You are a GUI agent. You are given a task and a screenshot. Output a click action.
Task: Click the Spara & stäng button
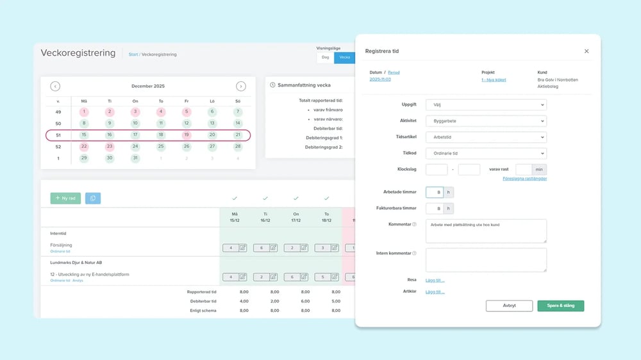[560, 306]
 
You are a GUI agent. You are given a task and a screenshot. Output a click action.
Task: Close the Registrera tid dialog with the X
[586, 51]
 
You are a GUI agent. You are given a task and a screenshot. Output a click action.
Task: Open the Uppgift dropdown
[486, 104]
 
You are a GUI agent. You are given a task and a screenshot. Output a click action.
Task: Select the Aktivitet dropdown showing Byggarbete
[486, 120]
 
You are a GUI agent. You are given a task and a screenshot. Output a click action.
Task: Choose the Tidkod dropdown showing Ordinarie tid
[486, 153]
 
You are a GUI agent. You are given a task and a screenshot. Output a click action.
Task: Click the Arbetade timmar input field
[435, 192]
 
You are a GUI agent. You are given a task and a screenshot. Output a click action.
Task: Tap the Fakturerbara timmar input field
[435, 208]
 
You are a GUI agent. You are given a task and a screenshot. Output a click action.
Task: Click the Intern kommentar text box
[486, 260]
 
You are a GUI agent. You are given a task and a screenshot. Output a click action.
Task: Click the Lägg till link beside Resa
[435, 280]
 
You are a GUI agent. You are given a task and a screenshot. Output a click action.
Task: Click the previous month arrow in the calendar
[55, 86]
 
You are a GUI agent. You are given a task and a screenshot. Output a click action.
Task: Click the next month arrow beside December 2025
[240, 86]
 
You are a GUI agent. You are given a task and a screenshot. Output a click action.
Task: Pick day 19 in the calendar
[187, 135]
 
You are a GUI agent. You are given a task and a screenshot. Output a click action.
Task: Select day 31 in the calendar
[135, 158]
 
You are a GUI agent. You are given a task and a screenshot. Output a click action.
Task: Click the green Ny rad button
[65, 199]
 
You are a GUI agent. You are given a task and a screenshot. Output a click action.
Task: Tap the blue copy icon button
[93, 199]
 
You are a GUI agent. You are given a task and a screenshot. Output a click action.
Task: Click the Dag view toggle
[325, 57]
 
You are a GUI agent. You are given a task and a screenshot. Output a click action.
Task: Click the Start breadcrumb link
[133, 54]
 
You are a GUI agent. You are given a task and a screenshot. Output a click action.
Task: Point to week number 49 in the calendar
[58, 111]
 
